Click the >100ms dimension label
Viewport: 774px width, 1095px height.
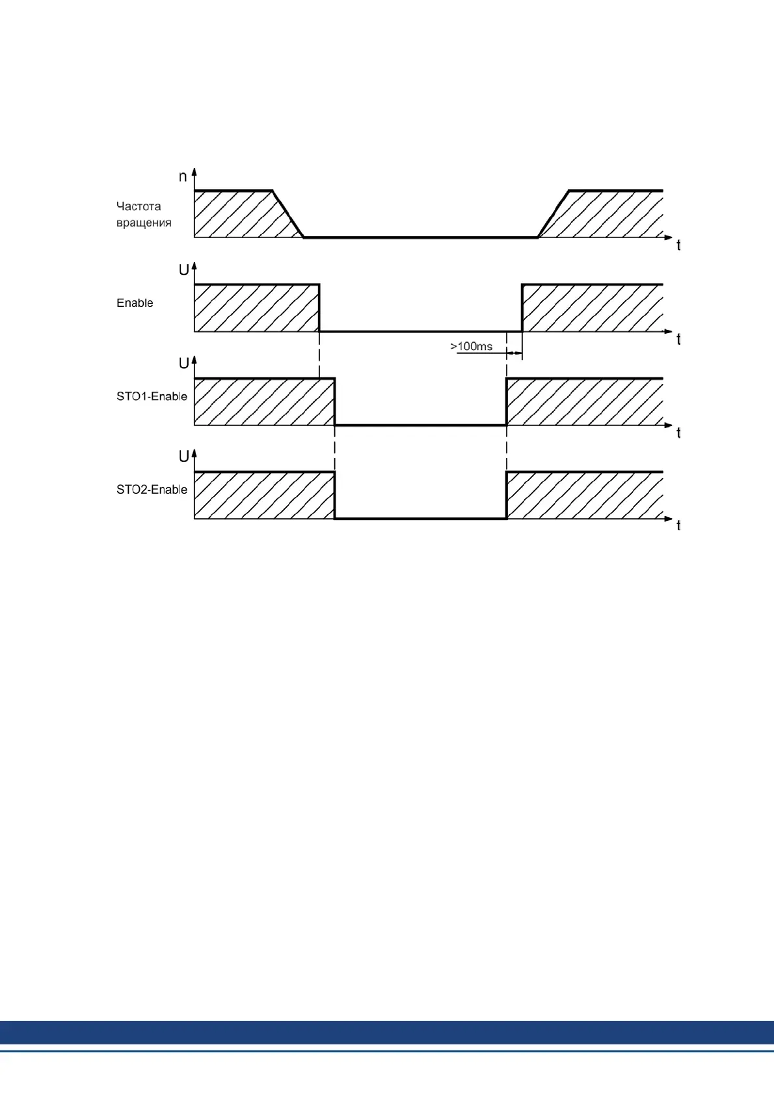click(472, 346)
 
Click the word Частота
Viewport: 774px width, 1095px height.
click(139, 206)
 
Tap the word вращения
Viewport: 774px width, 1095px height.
click(144, 223)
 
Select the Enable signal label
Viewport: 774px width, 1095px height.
click(135, 303)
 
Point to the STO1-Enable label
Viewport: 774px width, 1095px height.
click(152, 396)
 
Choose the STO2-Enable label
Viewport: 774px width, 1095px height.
click(152, 489)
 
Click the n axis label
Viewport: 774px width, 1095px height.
click(183, 176)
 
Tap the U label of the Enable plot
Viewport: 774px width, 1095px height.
click(183, 270)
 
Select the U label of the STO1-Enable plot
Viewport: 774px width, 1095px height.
click(183, 363)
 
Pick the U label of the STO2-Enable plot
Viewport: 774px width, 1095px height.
click(183, 457)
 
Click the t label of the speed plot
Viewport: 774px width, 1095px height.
click(678, 245)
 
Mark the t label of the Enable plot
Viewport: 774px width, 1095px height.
click(678, 339)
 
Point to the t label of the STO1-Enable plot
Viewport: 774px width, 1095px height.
click(678, 433)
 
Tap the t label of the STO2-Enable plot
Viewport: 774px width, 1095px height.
click(678, 526)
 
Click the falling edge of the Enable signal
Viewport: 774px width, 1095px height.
click(319, 308)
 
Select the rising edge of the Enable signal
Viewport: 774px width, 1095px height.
click(522, 308)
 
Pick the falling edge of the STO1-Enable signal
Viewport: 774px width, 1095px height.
click(334, 401)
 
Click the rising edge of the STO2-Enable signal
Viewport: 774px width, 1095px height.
click(507, 495)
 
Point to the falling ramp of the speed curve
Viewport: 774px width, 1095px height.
click(288, 214)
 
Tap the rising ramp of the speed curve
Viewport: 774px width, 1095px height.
click(554, 214)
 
